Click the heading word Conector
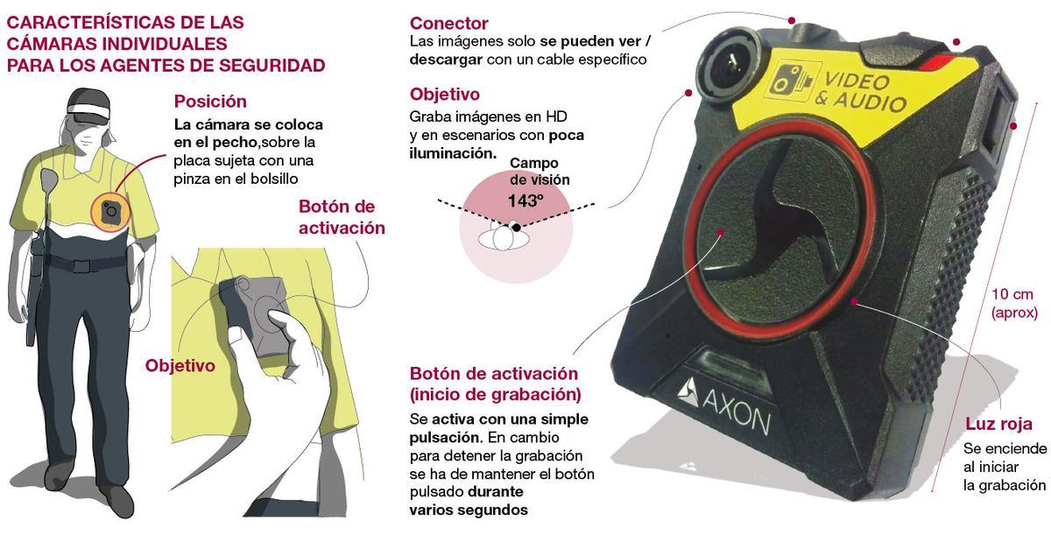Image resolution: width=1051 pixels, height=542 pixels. click(x=448, y=24)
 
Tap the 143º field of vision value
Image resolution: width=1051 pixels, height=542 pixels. click(x=526, y=200)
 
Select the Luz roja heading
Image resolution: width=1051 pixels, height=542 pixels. click(x=998, y=425)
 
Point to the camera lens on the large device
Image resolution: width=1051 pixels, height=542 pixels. click(x=729, y=58)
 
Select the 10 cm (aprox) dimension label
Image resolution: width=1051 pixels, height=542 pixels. click(x=1014, y=302)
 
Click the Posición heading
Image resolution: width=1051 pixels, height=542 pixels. click(x=210, y=102)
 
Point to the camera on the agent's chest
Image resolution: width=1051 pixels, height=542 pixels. click(x=110, y=211)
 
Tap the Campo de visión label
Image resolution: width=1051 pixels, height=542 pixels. click(x=534, y=172)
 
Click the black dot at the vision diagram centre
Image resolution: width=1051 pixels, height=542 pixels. click(x=518, y=227)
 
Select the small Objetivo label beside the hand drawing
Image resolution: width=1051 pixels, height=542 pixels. click(x=180, y=366)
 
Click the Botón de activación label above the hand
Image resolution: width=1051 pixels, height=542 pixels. click(x=342, y=217)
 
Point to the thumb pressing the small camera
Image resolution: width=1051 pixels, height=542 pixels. click(x=279, y=320)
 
